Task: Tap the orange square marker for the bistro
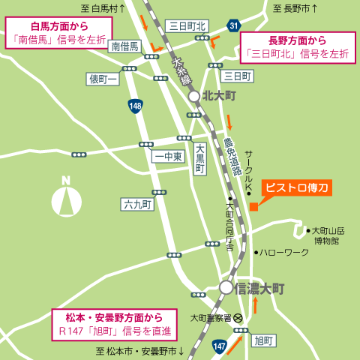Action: tap(254, 206)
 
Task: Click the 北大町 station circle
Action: tap(193, 96)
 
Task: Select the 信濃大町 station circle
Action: tap(226, 286)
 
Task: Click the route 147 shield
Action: tap(218, 345)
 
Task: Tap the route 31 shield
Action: tap(235, 26)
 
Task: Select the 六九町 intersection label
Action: tap(137, 204)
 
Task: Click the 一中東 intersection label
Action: tap(167, 157)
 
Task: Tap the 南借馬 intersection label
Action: tap(124, 46)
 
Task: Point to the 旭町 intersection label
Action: tap(264, 340)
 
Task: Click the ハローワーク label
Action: tap(284, 252)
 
